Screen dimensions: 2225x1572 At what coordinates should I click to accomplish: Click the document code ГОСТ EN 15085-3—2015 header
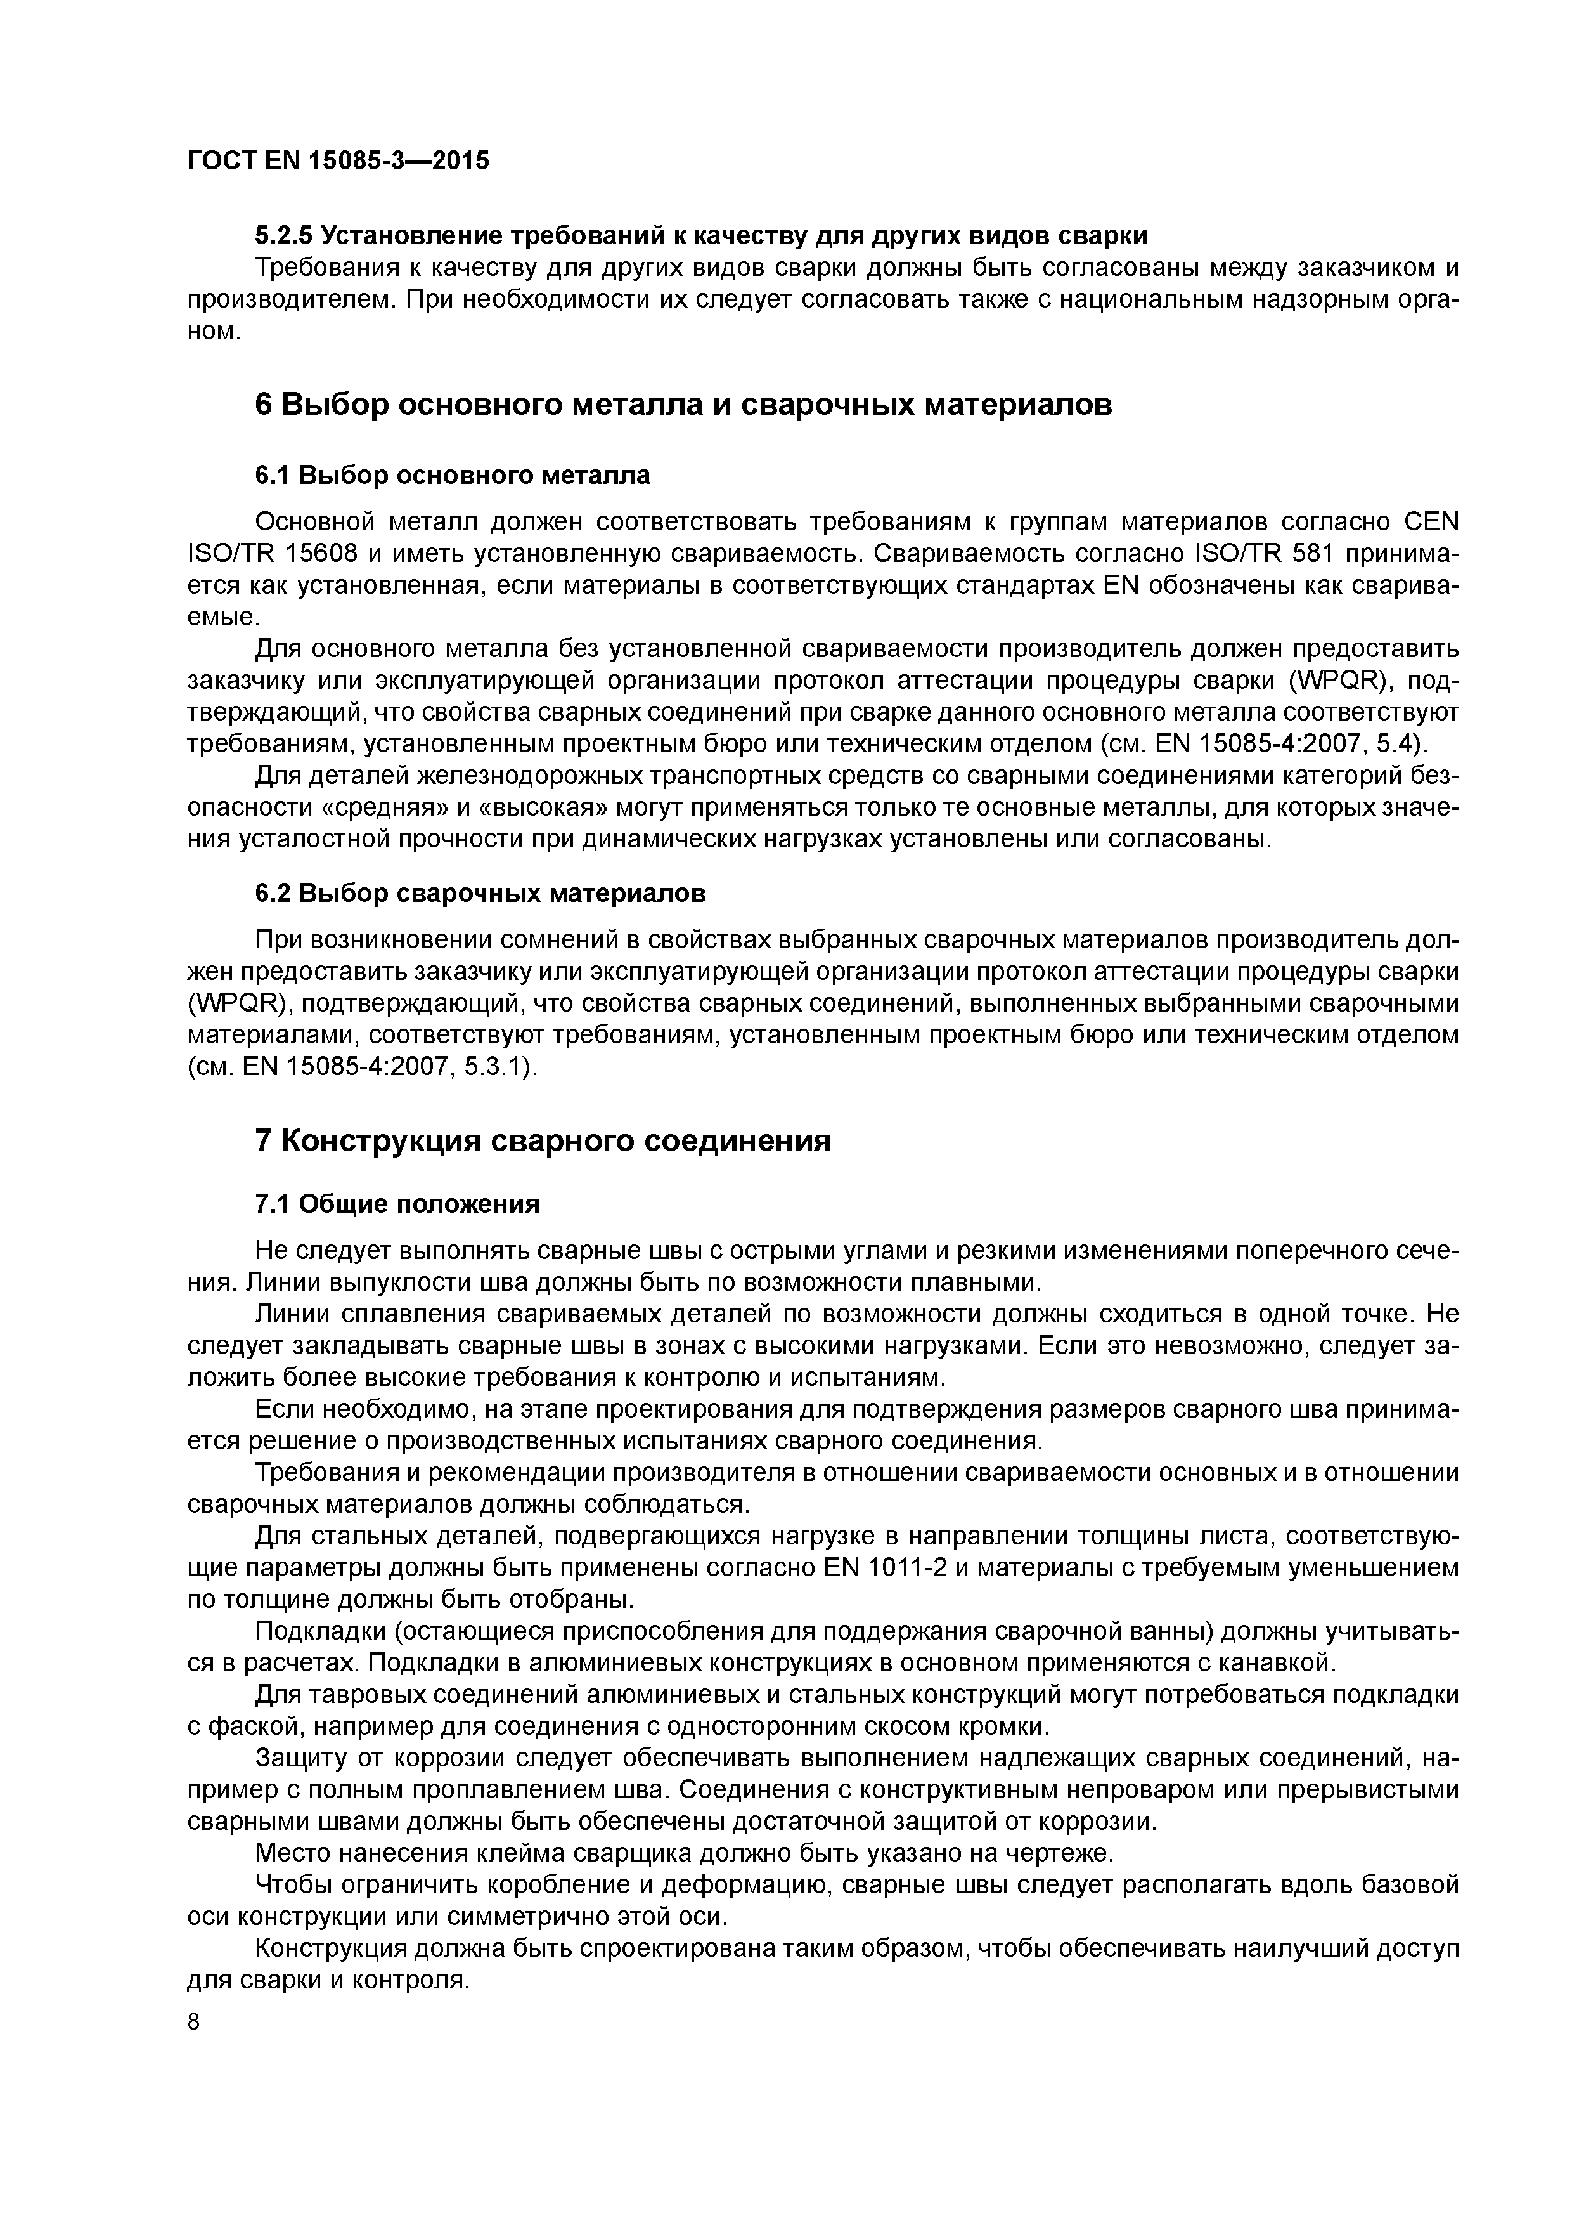[x=338, y=160]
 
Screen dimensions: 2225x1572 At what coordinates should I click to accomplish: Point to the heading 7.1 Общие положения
[x=396, y=1204]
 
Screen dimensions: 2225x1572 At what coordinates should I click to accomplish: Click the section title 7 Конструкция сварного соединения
[x=543, y=1140]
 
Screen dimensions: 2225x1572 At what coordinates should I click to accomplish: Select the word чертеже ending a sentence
[x=1062, y=1853]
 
